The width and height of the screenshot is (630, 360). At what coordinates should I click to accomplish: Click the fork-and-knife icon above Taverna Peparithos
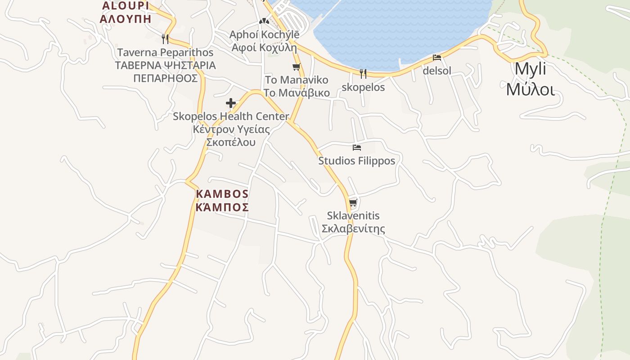pos(165,39)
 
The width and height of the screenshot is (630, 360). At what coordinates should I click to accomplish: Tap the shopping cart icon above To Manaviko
pos(296,67)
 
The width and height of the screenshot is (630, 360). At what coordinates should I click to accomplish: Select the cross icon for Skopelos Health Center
pos(231,103)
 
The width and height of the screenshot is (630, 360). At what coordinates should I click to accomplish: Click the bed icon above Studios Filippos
pos(357,147)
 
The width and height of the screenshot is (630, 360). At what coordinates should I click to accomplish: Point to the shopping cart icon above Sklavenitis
pos(353,202)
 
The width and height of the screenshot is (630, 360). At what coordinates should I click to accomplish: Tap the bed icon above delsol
pos(436,58)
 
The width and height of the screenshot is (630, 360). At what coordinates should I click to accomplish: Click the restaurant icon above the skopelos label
pos(363,73)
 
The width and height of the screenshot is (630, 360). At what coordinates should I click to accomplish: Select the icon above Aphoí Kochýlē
pos(264,21)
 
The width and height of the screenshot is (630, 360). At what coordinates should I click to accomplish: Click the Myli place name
pos(530,69)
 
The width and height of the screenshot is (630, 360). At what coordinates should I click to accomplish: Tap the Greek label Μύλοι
pos(530,89)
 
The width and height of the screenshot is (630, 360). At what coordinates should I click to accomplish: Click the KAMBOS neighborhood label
pos(222,194)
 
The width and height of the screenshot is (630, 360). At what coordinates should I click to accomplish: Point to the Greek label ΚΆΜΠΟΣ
pos(222,207)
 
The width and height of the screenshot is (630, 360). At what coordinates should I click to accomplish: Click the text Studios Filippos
pos(357,161)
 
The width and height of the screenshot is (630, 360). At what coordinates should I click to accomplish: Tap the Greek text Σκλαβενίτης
pos(353,229)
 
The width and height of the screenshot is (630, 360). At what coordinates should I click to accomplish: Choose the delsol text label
pos(436,71)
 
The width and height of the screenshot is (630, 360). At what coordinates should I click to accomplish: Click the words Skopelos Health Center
pos(231,117)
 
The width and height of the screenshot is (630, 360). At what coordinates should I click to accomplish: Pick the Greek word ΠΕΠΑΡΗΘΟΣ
pos(165,78)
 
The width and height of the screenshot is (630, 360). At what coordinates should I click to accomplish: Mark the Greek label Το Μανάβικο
pos(297,93)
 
